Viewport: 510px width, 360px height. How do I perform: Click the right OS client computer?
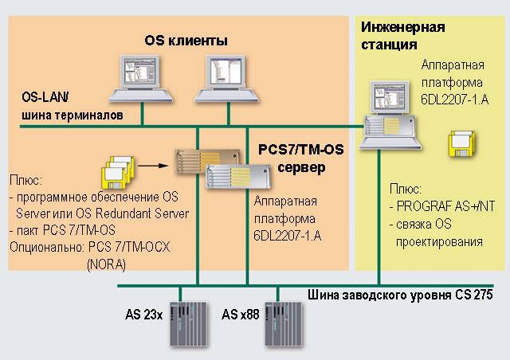(218, 78)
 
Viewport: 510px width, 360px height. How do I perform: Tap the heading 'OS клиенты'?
(186, 40)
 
